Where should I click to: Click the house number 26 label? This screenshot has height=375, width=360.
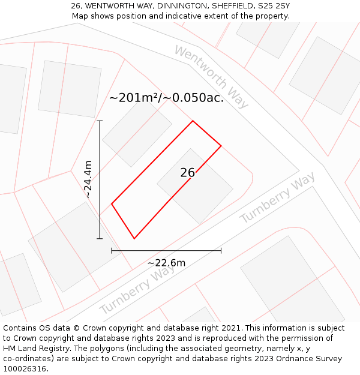point(187,173)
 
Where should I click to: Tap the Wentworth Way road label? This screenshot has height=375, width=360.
point(211,77)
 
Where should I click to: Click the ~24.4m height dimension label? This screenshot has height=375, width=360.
point(88,179)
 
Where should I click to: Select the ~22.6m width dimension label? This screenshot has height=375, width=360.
point(166,262)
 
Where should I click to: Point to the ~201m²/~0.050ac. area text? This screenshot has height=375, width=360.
point(166,98)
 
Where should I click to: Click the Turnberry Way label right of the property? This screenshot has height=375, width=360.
point(277,198)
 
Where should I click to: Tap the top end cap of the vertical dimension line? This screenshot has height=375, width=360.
point(100,121)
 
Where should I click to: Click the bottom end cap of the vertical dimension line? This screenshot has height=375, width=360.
point(100,238)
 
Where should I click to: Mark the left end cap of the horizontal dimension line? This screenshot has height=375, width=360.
point(112,250)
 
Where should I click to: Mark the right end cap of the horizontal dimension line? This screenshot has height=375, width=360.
point(221,250)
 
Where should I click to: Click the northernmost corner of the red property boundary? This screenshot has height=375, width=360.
point(193,121)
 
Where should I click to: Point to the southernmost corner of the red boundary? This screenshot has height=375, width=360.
point(134,238)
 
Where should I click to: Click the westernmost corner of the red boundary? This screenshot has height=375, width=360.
point(112,204)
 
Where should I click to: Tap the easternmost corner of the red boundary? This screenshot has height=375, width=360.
point(221,145)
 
